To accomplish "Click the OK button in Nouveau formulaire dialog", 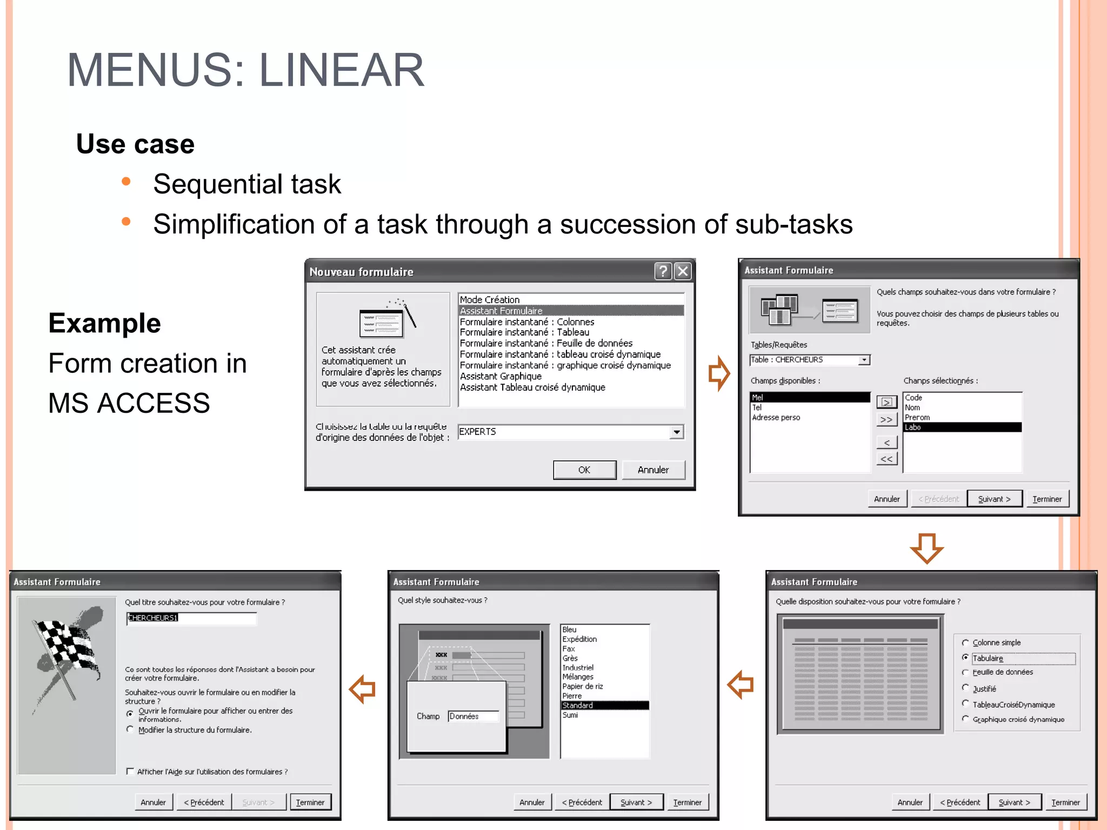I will point(584,470).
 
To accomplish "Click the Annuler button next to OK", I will point(653,470).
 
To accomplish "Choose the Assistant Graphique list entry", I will point(501,376).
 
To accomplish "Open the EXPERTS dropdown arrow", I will point(677,432).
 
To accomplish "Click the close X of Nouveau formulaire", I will point(683,271).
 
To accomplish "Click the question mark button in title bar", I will point(663,271).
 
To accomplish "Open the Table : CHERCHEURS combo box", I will point(864,360).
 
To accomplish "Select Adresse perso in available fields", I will point(776,418).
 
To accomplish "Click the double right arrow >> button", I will point(886,419).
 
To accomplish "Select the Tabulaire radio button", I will point(965,658).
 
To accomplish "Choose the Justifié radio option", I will point(965,688).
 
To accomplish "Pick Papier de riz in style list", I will point(582,686).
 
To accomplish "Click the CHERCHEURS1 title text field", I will point(191,618).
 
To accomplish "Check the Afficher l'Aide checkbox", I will point(130,771).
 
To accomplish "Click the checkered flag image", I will point(66,654).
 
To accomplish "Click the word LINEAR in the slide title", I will point(342,70).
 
